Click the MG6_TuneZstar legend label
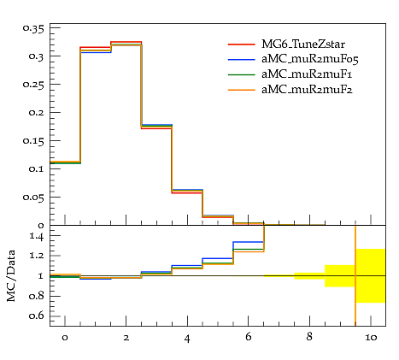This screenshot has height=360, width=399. click(303, 44)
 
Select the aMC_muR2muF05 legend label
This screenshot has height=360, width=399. click(310, 59)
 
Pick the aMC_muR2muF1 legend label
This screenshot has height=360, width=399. click(307, 74)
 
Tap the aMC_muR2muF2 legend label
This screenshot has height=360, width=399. click(307, 90)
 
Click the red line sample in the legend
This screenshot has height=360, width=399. click(242, 44)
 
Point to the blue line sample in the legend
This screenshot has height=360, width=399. click(242, 60)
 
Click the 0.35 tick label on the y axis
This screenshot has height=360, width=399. click(33, 29)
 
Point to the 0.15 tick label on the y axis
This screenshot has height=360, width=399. click(33, 141)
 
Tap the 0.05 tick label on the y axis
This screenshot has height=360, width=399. click(33, 198)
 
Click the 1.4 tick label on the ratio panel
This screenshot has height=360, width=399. click(37, 237)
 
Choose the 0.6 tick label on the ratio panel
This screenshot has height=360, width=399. click(37, 316)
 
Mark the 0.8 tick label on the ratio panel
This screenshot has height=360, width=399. click(37, 296)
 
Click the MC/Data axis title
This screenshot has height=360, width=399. click(11, 276)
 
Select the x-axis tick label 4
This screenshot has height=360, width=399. click(187, 339)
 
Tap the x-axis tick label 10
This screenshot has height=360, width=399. click(371, 338)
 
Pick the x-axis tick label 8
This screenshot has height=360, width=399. click(309, 337)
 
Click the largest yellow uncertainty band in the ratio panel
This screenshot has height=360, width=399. click(371, 275)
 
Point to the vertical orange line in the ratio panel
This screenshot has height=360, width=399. click(355, 275)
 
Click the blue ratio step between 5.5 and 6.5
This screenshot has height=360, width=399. click(249, 242)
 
